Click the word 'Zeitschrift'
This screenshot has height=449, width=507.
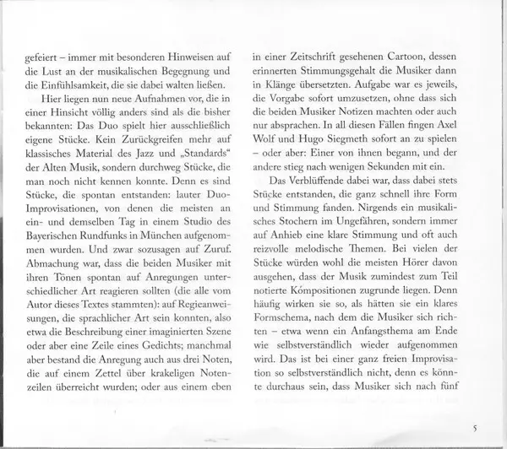[316, 60]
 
